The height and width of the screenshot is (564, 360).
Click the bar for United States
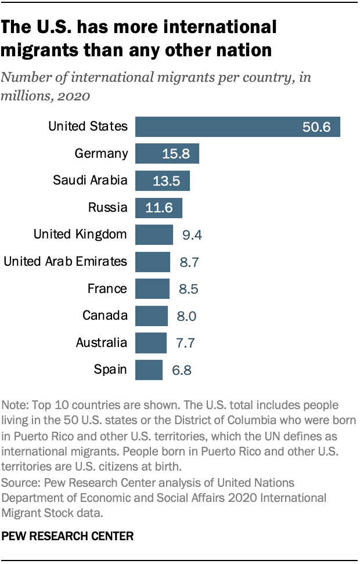coord(237,126)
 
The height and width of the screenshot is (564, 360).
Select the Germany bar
coord(167,154)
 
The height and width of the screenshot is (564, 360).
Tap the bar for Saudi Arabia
coord(163,180)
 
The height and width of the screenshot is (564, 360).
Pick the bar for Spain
coord(149,369)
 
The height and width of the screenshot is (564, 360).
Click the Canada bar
coord(152,316)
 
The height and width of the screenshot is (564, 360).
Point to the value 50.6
coord(316,126)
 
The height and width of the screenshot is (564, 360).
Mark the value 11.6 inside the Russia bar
coord(160,208)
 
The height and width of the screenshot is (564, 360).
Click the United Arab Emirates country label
coord(65,262)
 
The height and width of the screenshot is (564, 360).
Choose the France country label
coord(107,288)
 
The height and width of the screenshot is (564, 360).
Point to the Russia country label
coord(107,208)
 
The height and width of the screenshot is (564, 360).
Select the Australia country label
coord(101,342)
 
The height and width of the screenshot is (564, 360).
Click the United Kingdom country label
coord(80,234)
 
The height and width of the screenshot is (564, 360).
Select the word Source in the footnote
coord(20,483)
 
